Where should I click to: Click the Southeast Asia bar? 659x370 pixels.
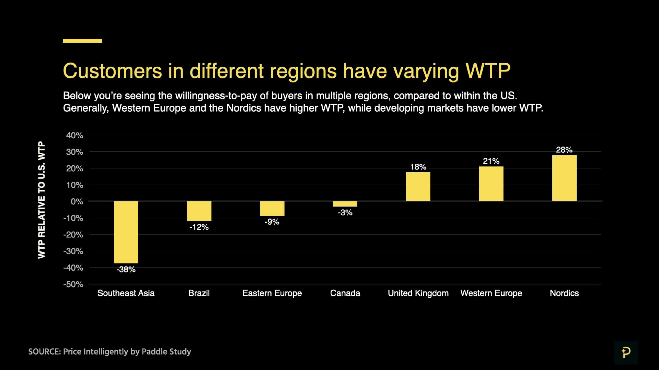click(x=126, y=232)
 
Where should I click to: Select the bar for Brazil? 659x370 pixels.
click(x=199, y=211)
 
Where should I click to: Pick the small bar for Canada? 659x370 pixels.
click(x=345, y=204)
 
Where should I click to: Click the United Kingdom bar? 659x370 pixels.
click(x=418, y=187)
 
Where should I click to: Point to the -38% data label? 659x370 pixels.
click(x=126, y=270)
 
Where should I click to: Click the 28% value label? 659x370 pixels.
click(x=564, y=150)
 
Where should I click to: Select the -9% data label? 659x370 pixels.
click(x=272, y=222)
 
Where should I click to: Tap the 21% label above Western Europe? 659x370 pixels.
click(x=491, y=161)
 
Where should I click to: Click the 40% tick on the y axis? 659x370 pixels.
click(x=74, y=136)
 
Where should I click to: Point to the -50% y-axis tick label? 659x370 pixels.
click(x=73, y=284)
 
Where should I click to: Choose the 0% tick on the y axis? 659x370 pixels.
click(x=77, y=202)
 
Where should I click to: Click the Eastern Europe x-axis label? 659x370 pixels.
click(x=272, y=293)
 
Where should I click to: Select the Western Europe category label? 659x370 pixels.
click(x=491, y=293)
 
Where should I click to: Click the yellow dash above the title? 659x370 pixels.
click(x=82, y=41)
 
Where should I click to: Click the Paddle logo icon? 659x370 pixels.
click(x=626, y=352)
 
